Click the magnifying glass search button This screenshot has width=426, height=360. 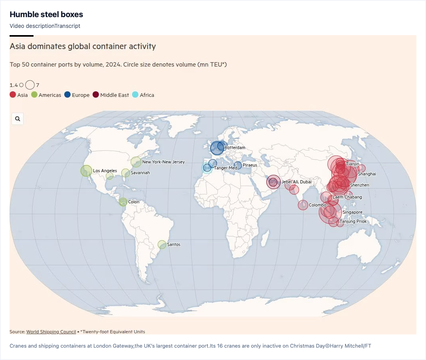tap(18, 119)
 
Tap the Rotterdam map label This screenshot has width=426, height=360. tap(235, 148)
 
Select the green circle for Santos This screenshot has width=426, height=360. tap(162, 245)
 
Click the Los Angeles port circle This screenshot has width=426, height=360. tap(86, 171)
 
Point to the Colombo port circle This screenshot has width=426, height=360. tap(303, 205)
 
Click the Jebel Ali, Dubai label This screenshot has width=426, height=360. tap(296, 182)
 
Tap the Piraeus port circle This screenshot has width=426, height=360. tap(238, 165)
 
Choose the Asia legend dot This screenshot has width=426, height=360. tap(13, 95)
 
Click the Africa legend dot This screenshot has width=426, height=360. tap(135, 95)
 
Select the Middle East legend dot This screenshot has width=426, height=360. tap(96, 95)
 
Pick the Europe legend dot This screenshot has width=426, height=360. tap(67, 95)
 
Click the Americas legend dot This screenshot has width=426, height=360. tap(34, 95)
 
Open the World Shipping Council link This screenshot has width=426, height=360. tap(51, 331)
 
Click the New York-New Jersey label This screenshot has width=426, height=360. tap(164, 162)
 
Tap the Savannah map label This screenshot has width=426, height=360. tap(140, 173)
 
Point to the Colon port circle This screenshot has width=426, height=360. tap(123, 202)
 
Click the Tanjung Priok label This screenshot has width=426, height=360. tap(353, 221)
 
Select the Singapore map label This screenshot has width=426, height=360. tap(352, 212)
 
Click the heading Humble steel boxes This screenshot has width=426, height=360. tap(46, 14)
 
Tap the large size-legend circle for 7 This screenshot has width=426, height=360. tap(30, 85)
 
